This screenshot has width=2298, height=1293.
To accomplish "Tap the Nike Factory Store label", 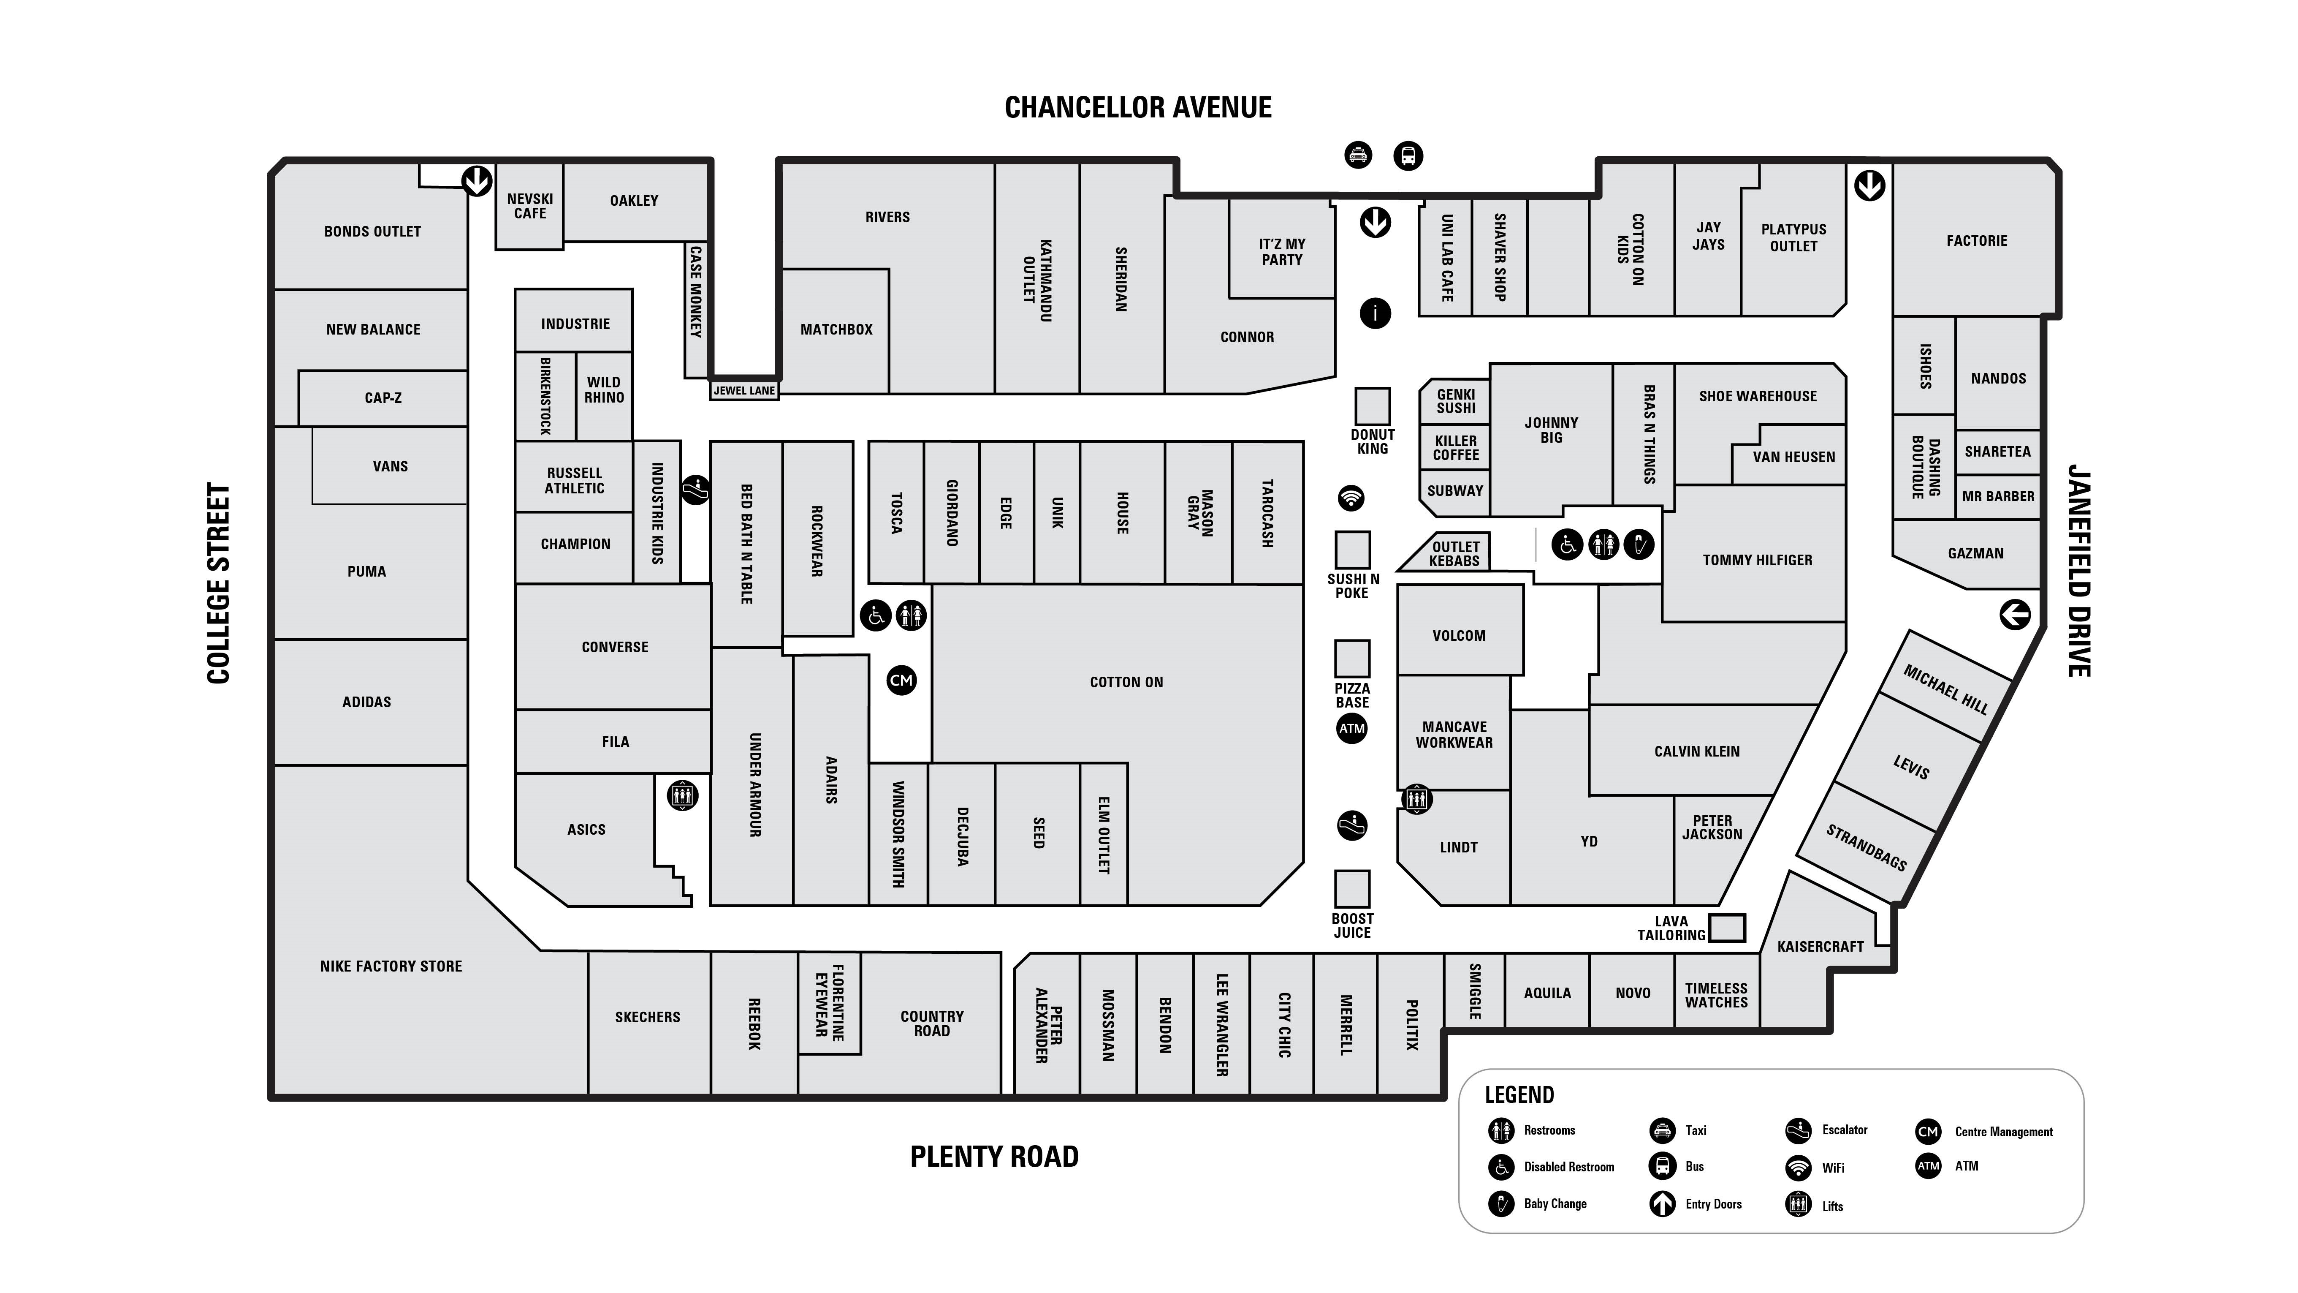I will pos(391,966).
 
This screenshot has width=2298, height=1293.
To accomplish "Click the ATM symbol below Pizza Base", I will pos(1351,728).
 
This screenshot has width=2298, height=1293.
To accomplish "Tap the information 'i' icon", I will pos(1375,313).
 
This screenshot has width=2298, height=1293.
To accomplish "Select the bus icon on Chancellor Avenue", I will pos(1408,156).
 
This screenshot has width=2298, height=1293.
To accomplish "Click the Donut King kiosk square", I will pos(1372,406).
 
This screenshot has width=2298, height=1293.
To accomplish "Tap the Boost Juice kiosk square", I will pos(1351,889).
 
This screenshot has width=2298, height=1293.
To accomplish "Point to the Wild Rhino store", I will pos(604,390).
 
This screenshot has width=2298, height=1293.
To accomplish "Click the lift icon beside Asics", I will pos(682,795).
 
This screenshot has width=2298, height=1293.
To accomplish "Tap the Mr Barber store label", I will pos(1997,496).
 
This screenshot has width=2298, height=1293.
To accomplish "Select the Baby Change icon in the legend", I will pos(1501,1203).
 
